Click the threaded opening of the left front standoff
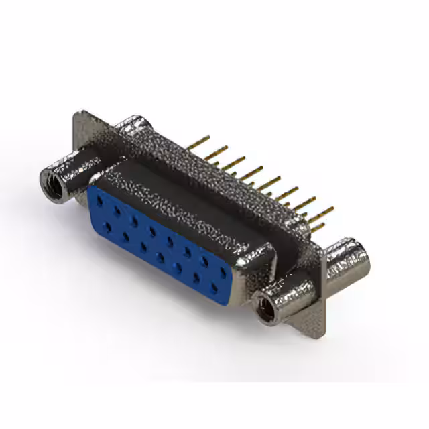pyautogui.click(x=53, y=182)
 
